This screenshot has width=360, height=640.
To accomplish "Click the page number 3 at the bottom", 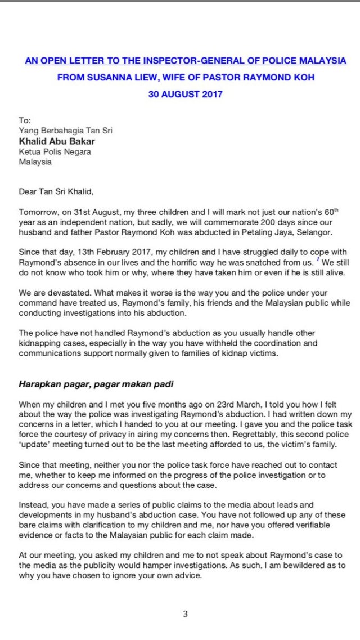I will coord(185,614).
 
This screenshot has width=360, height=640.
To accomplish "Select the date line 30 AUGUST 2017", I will coord(185,94).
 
